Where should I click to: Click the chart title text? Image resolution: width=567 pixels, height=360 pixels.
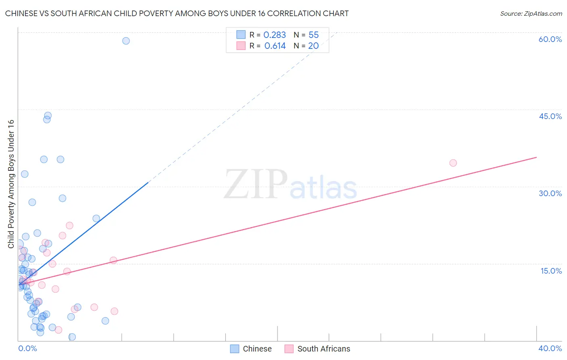point(177,14)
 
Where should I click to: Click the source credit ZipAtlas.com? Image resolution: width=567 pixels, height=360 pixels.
point(531,14)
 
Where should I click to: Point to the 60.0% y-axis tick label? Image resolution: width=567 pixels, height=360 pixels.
point(550,39)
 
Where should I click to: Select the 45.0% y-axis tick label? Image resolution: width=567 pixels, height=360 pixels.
point(550,116)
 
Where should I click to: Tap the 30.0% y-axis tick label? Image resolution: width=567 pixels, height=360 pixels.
point(550,193)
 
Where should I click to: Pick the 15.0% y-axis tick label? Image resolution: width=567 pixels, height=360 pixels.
point(551,271)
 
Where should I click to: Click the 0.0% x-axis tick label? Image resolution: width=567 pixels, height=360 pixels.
point(27,348)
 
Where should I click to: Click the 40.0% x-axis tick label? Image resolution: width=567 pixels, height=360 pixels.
point(550,348)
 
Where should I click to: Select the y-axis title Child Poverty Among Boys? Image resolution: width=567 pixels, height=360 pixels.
point(11,184)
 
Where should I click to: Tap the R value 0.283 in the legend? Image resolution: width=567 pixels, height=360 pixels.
point(275,35)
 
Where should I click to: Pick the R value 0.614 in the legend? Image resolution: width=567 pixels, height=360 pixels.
point(275,46)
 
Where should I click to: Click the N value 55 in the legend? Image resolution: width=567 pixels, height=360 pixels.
point(313,35)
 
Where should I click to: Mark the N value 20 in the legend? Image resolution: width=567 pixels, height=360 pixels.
point(313,46)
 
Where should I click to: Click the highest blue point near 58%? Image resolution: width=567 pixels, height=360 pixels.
point(126,41)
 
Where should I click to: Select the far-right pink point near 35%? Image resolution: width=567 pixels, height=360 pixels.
point(453,163)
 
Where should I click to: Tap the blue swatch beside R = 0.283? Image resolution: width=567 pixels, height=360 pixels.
point(241,35)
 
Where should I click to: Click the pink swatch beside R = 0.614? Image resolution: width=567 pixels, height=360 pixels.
point(241,46)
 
